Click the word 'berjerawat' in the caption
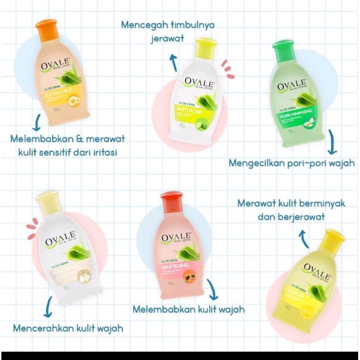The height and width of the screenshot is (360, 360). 301,217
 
